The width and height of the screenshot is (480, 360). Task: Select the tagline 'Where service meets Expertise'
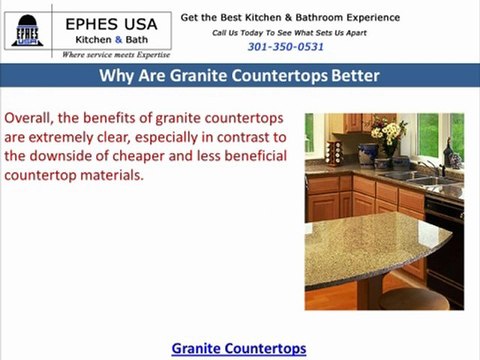tap(116, 55)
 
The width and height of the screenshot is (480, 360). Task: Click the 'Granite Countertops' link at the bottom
tap(239, 348)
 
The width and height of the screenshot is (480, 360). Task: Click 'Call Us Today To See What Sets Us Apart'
tap(290, 32)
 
